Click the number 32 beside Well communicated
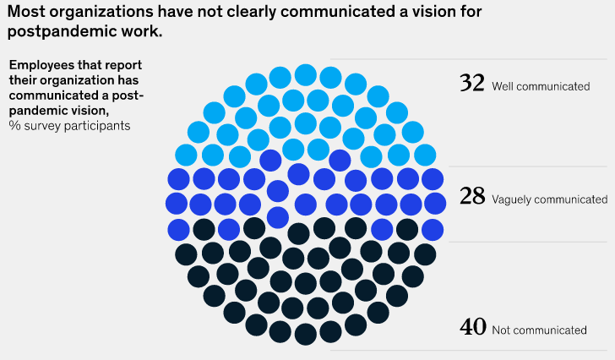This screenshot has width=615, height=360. [x=472, y=83]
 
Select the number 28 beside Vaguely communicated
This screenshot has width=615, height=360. [x=472, y=196]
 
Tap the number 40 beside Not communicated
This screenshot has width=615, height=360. [x=473, y=327]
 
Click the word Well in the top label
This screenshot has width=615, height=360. [x=502, y=86]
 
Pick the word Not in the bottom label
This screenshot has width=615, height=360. [x=500, y=330]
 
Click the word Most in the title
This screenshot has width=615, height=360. [x=26, y=12]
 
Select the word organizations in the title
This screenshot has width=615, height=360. [x=101, y=13]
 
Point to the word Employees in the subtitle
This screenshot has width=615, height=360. [x=42, y=65]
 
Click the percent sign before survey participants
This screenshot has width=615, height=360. [x=15, y=125]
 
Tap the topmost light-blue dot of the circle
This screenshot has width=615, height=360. [x=306, y=75]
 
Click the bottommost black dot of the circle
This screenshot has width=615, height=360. [x=306, y=335]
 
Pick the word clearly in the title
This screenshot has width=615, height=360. [x=252, y=13]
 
